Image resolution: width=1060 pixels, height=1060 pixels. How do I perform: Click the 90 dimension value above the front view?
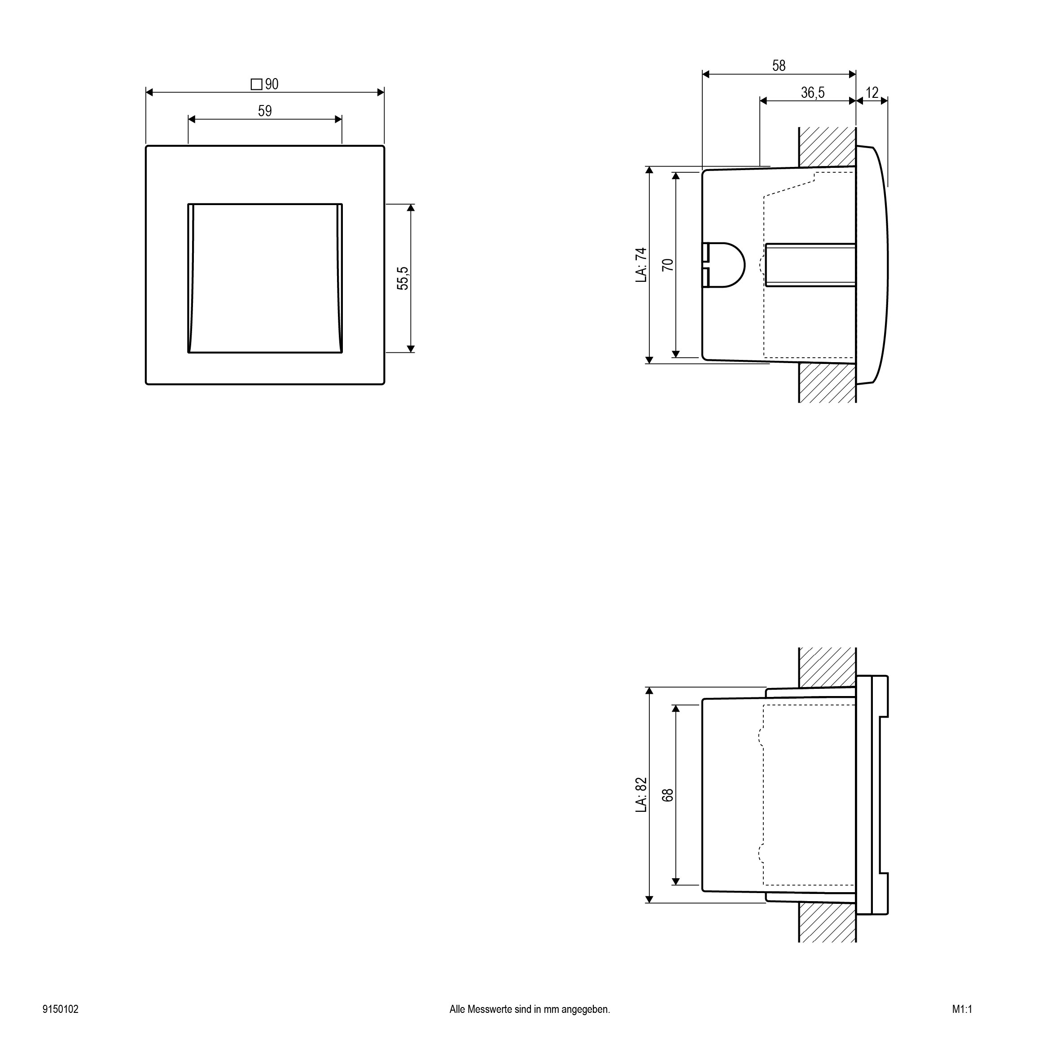click(272, 84)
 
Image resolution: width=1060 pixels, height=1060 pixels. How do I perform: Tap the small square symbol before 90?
click(256, 85)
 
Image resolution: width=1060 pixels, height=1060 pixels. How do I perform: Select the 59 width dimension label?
click(265, 111)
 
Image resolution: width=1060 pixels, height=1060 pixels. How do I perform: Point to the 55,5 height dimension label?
click(403, 278)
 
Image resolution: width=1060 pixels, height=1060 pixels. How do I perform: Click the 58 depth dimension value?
click(779, 66)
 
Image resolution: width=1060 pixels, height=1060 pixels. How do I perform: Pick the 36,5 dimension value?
click(813, 93)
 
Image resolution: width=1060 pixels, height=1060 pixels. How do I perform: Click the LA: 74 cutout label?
click(641, 265)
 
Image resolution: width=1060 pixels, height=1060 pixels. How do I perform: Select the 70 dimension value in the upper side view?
click(668, 265)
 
